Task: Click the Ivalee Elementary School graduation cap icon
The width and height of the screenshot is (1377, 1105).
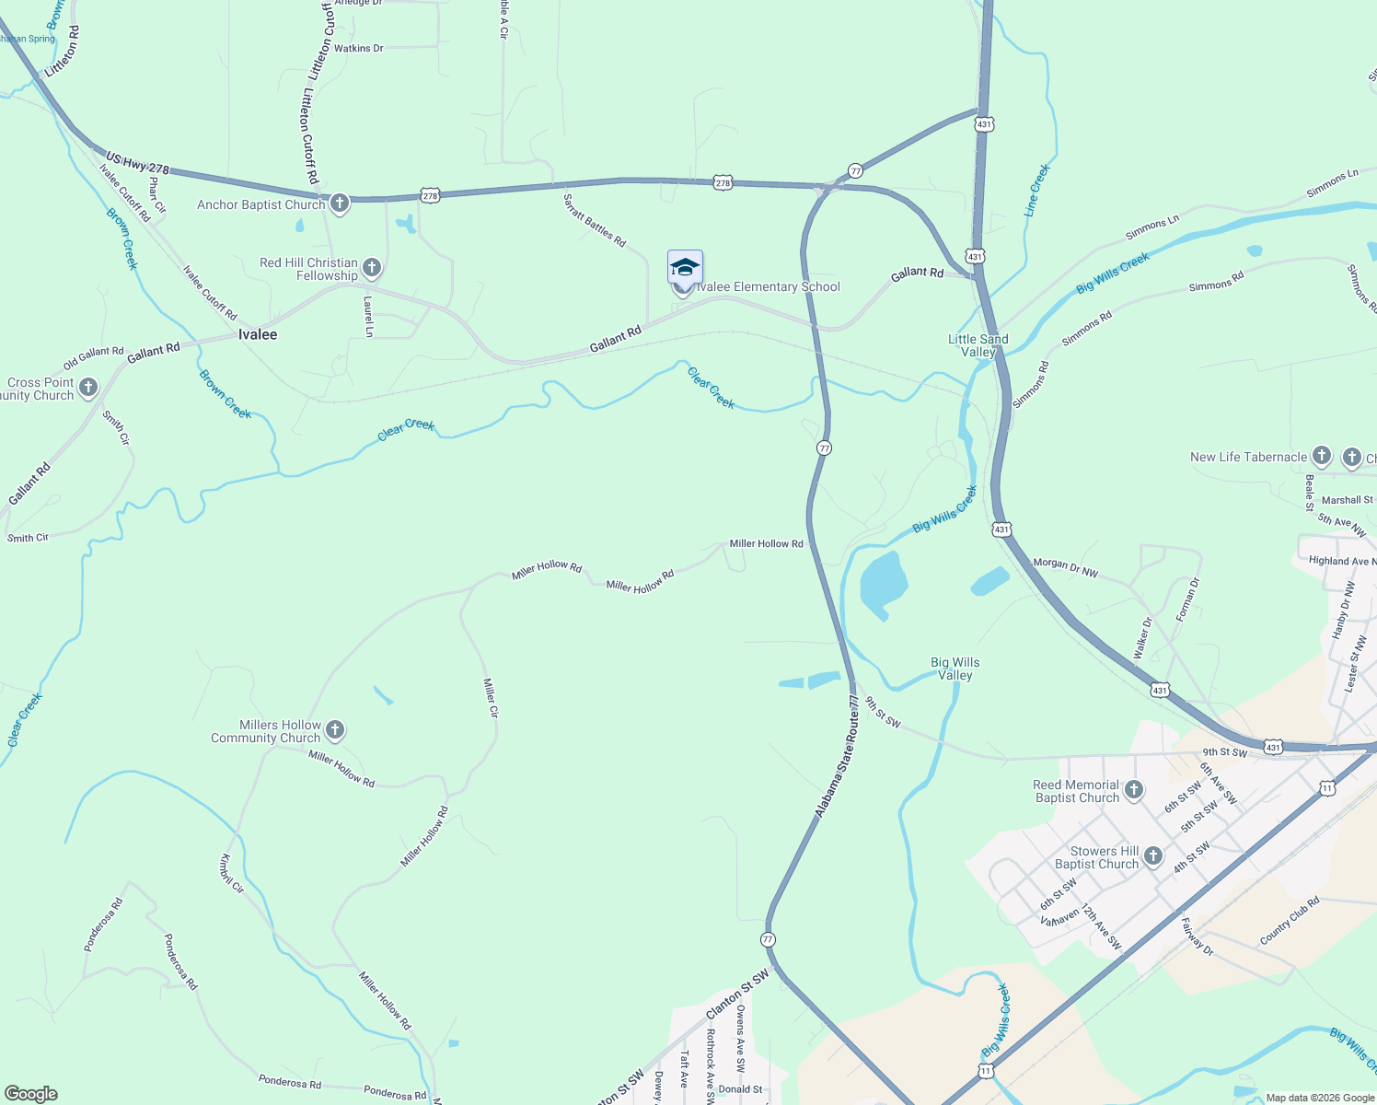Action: click(685, 267)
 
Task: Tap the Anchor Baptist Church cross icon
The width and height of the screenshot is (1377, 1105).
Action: click(340, 204)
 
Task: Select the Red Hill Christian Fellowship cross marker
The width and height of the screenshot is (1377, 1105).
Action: click(372, 268)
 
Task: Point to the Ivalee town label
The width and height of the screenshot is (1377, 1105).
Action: click(258, 334)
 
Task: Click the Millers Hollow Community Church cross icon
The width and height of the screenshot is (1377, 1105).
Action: click(335, 731)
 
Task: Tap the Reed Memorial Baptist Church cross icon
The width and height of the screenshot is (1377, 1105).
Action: click(1134, 789)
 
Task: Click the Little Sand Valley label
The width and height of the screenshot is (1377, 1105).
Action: click(978, 345)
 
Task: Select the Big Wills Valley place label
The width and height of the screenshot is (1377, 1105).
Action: click(955, 669)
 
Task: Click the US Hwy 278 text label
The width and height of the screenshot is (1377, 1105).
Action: click(137, 163)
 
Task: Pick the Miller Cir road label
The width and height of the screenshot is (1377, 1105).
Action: click(491, 697)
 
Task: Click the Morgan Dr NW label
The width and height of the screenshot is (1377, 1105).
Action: click(1066, 567)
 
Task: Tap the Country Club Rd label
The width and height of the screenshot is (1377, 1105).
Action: click(1290, 920)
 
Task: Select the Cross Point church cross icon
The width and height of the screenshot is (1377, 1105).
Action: click(88, 388)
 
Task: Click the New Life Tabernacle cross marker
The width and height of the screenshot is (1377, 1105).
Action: click(1322, 456)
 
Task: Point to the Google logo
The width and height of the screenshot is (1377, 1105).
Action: click(30, 1093)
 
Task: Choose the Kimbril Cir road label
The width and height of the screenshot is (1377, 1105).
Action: click(231, 874)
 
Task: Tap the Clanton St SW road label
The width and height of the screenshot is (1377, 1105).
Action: click(737, 994)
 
